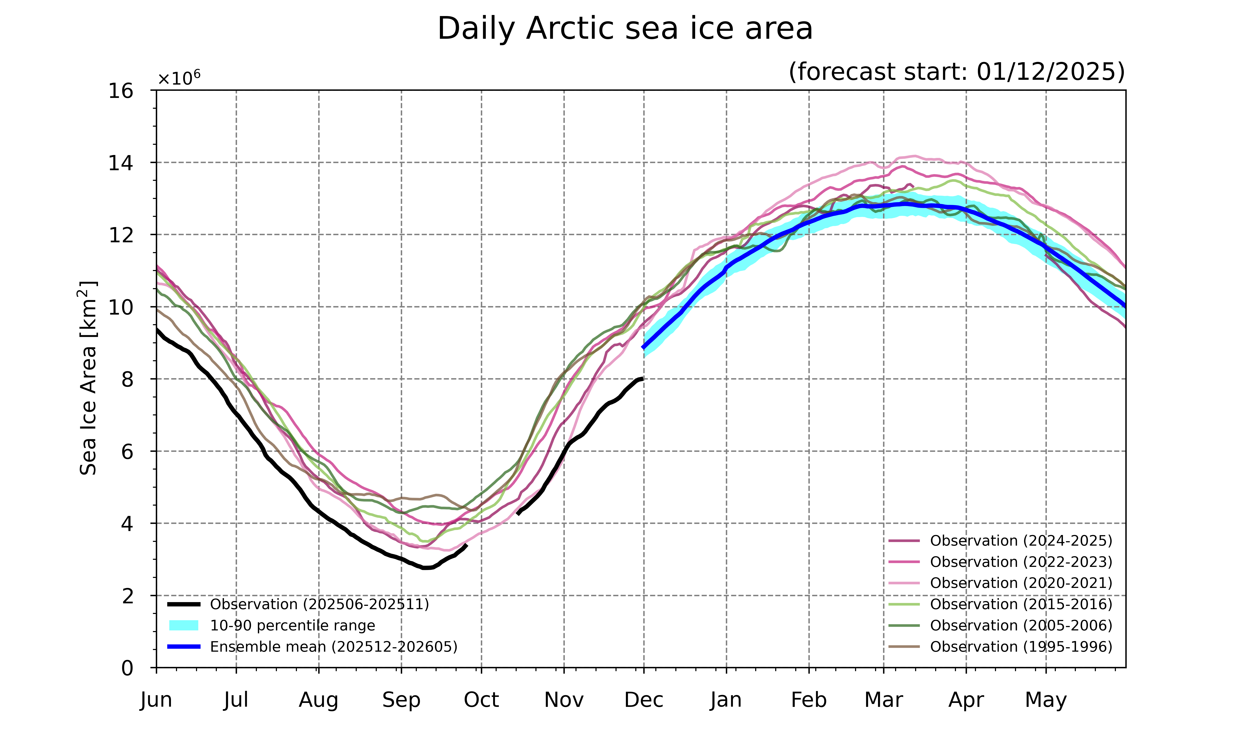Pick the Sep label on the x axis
(401, 700)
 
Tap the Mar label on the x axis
(883, 700)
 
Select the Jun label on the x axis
(156, 700)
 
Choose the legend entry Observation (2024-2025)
(1020, 541)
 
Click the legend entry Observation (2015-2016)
(1020, 604)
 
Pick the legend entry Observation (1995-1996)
(1020, 647)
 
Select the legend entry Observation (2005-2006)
(1020, 626)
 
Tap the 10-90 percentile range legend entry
(292, 626)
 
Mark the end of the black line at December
(642, 379)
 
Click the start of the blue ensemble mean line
(643, 348)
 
